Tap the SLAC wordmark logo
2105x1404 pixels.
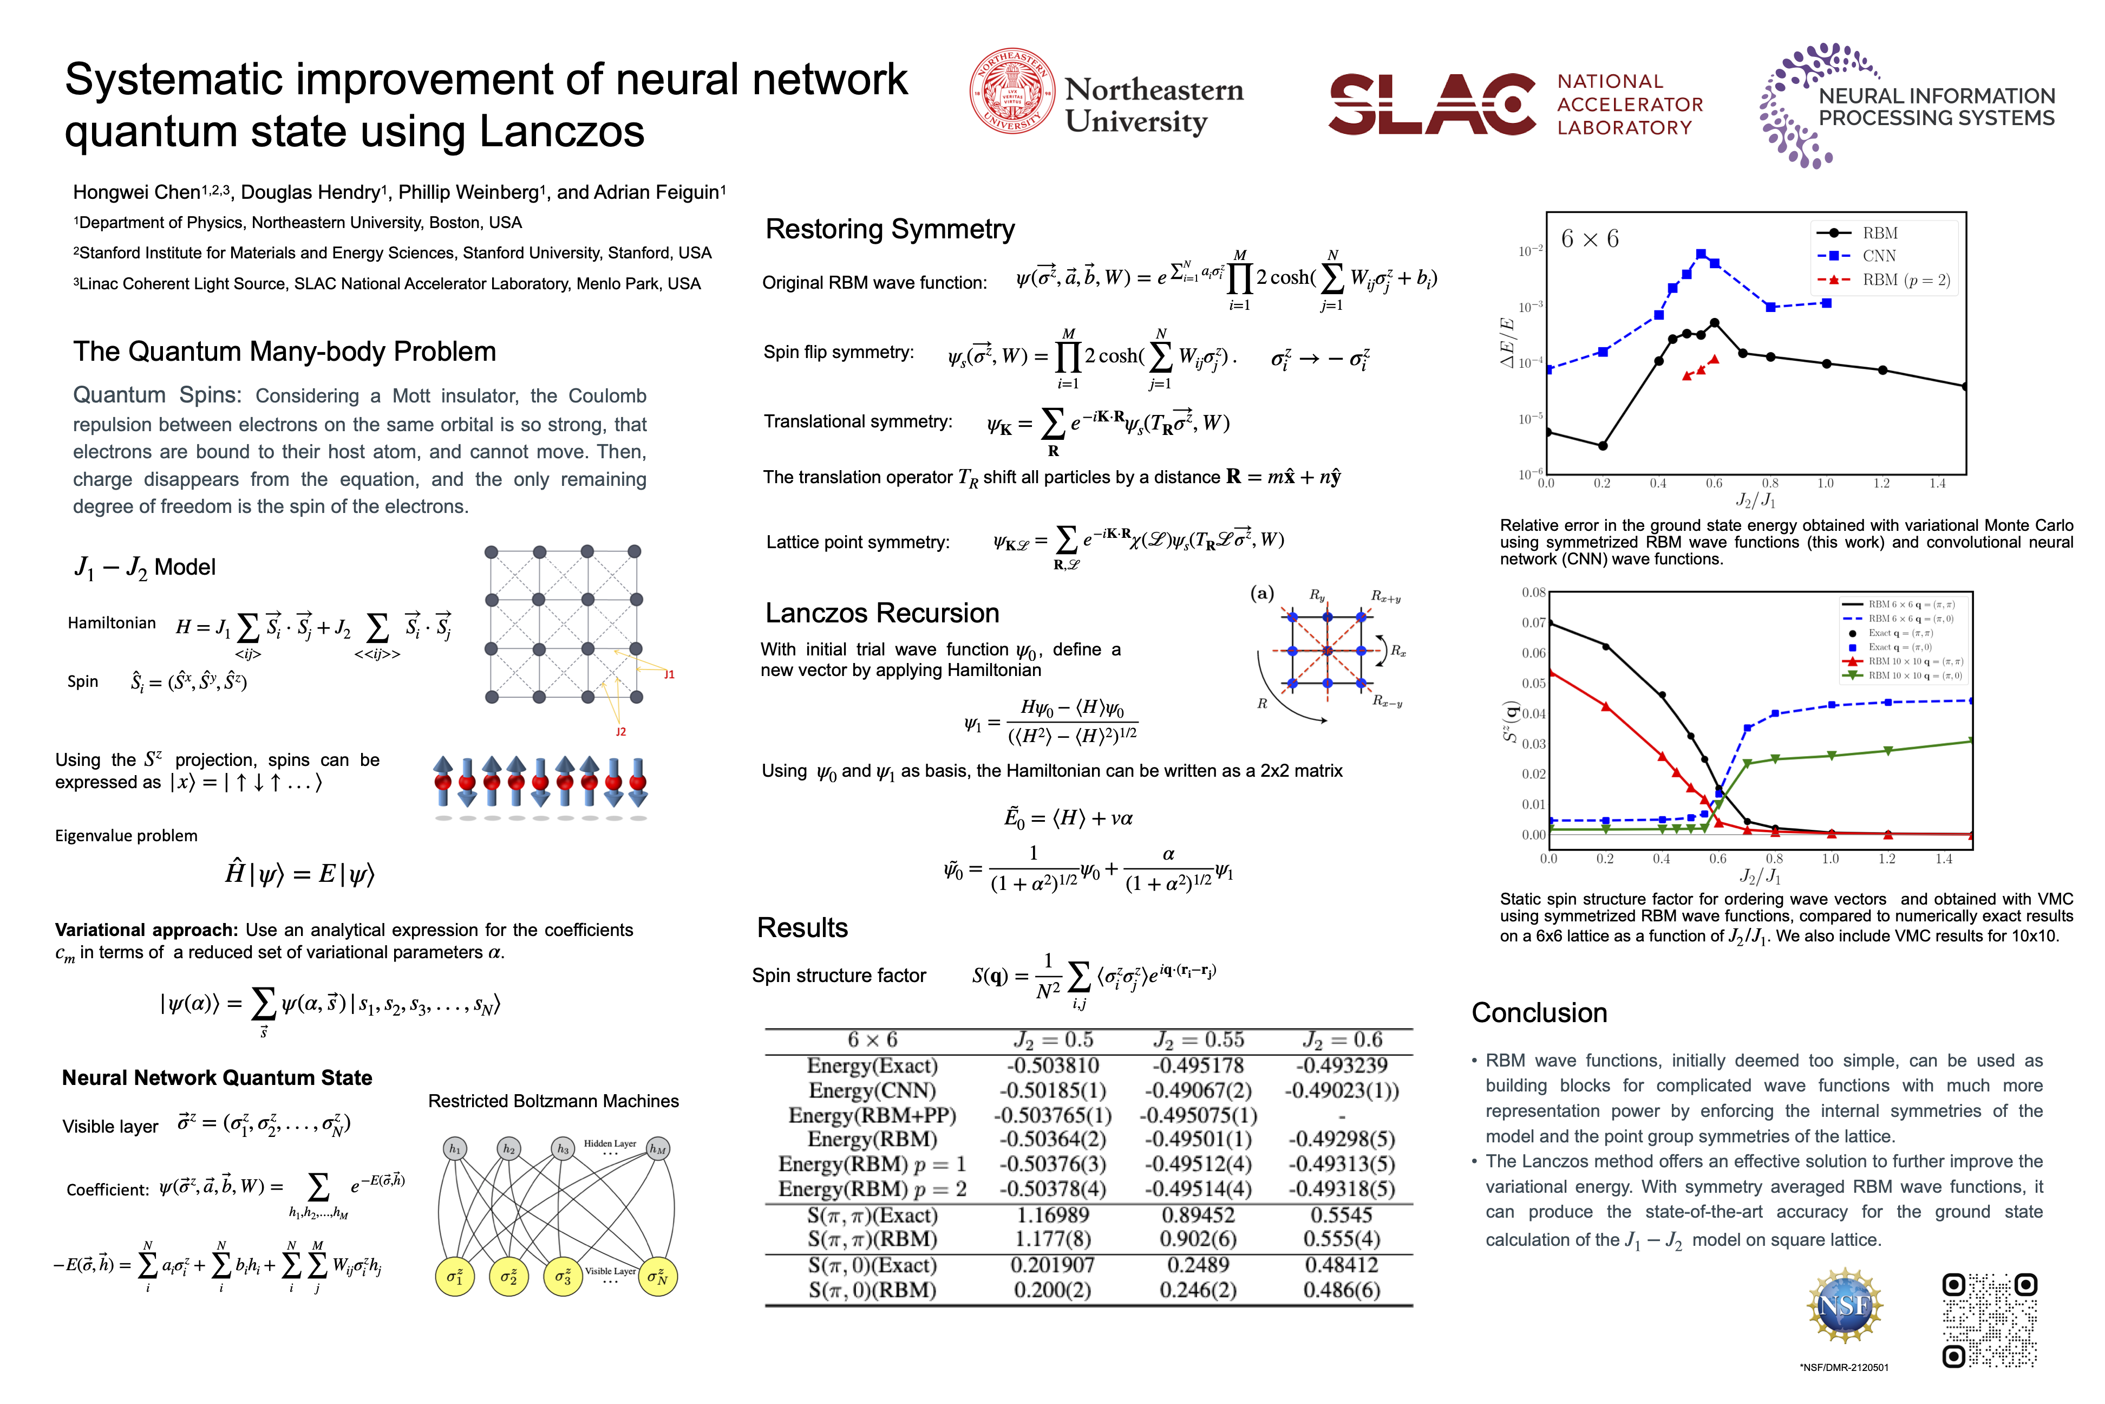pyautogui.click(x=1432, y=104)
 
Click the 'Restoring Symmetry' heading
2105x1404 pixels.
pyautogui.click(x=890, y=229)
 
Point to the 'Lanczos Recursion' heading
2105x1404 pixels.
pyautogui.click(x=881, y=613)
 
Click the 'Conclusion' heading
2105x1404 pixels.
pyautogui.click(x=1539, y=1013)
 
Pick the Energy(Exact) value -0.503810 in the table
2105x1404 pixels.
pyautogui.click(x=1052, y=1065)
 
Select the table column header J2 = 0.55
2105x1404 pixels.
pyautogui.click(x=1198, y=1039)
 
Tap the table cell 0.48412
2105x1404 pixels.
pyautogui.click(x=1341, y=1265)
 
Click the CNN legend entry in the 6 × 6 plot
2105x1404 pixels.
pyautogui.click(x=1879, y=256)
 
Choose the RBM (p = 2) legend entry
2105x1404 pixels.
pyautogui.click(x=1905, y=280)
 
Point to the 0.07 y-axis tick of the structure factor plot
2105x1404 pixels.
pyautogui.click(x=1533, y=622)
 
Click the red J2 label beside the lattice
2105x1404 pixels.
pyautogui.click(x=620, y=732)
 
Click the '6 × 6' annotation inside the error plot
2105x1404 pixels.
pyautogui.click(x=1590, y=239)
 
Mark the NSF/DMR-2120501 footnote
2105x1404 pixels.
pyautogui.click(x=1843, y=1367)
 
